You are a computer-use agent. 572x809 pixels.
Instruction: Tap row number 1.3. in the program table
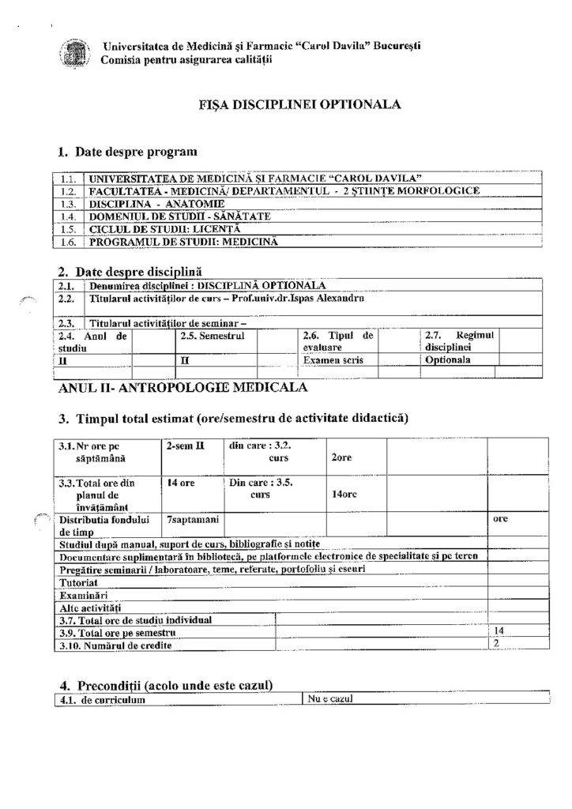click(x=68, y=203)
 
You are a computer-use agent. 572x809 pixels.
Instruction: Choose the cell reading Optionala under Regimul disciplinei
click(x=448, y=360)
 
